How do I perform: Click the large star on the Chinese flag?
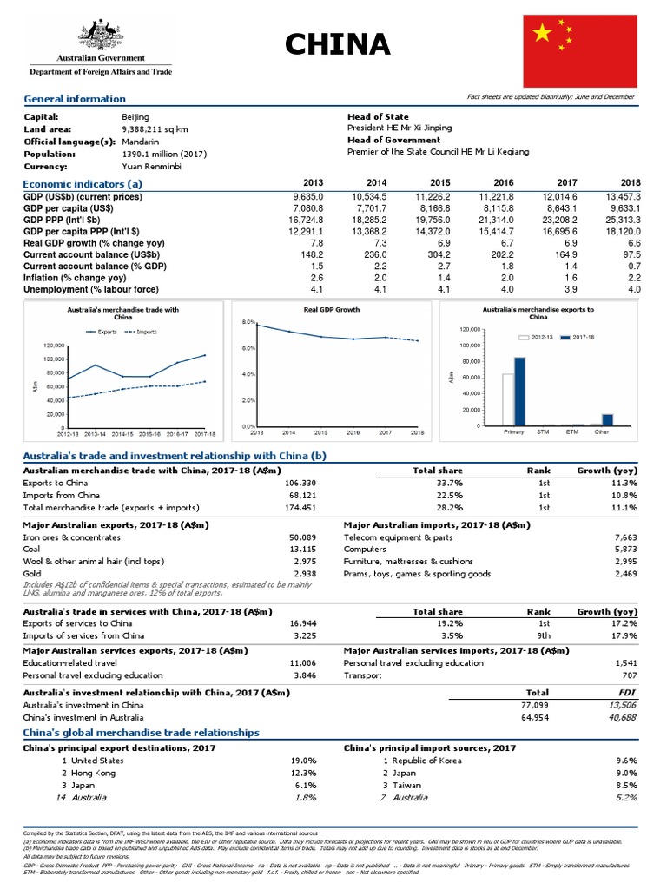coord(543,33)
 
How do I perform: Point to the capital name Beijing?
coord(136,116)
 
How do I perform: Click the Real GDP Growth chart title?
coord(332,309)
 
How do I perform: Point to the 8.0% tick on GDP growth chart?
coord(247,322)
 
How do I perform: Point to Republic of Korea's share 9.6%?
coord(626,760)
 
